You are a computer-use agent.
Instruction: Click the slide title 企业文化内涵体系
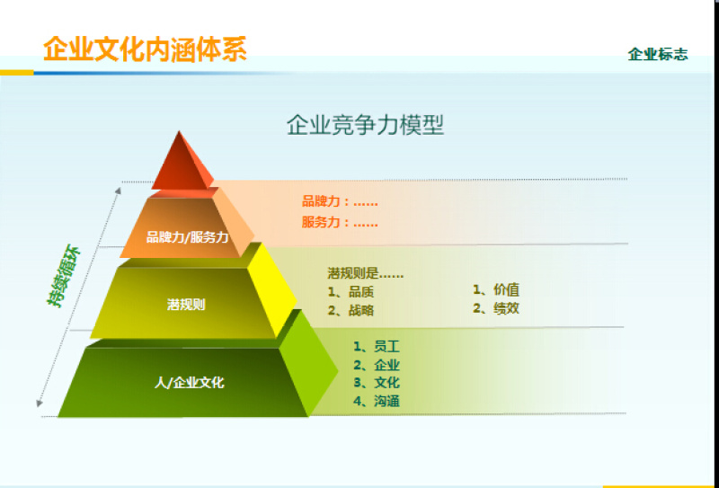[145, 48]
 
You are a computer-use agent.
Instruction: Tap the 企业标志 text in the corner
[658, 54]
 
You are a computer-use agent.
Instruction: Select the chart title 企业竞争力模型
[365, 124]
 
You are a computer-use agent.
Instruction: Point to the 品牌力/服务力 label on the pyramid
[188, 237]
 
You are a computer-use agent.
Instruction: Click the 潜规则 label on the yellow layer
[186, 305]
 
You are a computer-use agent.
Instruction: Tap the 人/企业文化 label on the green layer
[189, 382]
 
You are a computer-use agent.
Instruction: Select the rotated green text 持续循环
[65, 276]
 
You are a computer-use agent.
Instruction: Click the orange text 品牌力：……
[340, 201]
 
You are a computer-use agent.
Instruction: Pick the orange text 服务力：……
[340, 222]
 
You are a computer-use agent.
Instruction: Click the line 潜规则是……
[365, 272]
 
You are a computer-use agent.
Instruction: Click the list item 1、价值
[496, 289]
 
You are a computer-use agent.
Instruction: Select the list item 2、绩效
[496, 308]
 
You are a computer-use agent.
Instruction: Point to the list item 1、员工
[376, 346]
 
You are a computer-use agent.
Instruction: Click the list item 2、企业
[376, 365]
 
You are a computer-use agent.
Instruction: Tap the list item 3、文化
[376, 383]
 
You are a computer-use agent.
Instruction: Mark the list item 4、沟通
[376, 402]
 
